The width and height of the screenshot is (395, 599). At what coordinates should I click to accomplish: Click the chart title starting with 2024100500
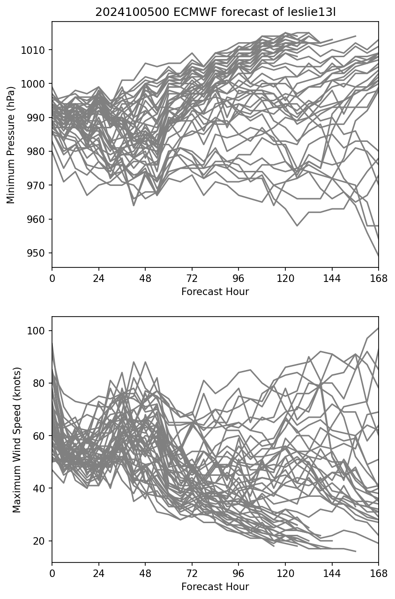215,13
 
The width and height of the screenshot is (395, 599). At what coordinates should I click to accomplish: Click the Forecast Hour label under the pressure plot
215,292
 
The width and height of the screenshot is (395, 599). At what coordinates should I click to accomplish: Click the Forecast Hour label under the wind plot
215,587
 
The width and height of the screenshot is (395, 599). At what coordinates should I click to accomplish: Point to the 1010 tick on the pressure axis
34,50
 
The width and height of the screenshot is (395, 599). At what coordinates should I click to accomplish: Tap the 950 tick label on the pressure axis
37,253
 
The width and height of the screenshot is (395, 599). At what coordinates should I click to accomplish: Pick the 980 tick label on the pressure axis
37,152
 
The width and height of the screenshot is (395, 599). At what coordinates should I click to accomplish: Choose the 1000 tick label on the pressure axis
34,84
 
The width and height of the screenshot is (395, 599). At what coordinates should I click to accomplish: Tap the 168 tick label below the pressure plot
379,279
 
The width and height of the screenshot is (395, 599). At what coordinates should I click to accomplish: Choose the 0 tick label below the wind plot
52,574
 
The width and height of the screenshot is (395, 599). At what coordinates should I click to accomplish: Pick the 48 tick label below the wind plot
145,574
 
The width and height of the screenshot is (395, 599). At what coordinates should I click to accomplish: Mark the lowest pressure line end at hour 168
378,256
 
